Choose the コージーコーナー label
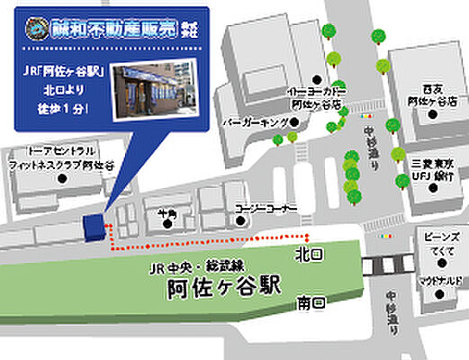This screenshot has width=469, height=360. (265, 208)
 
